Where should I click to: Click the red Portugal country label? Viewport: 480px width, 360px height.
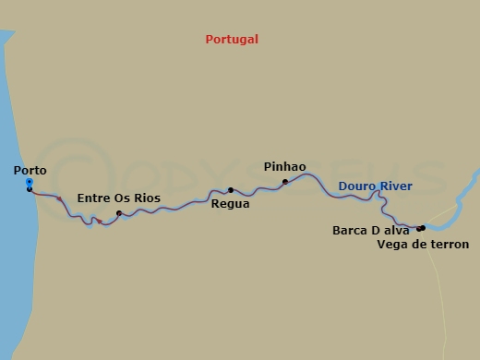[x=232, y=40]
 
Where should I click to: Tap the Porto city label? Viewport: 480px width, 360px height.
[x=30, y=171]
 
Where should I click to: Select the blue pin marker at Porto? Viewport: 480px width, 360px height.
[x=30, y=184]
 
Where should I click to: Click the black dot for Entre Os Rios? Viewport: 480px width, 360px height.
[x=119, y=213]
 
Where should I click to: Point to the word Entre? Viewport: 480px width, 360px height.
[x=94, y=198]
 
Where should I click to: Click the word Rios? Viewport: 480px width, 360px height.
[x=146, y=198]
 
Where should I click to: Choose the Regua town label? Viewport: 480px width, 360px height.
[x=230, y=204]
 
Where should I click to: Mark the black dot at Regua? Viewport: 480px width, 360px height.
[x=231, y=190]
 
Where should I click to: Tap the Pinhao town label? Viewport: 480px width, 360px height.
[x=284, y=167]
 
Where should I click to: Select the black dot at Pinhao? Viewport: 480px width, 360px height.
[x=285, y=182]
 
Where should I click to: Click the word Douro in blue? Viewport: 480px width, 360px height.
[x=356, y=186]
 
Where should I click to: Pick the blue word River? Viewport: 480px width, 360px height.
[x=395, y=186]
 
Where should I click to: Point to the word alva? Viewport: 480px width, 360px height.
[x=397, y=231]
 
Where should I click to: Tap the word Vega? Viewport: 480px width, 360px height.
[x=392, y=245]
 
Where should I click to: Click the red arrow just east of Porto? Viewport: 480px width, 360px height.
[x=60, y=198]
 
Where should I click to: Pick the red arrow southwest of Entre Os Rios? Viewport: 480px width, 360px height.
[x=99, y=222]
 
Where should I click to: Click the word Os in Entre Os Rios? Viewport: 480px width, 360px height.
[x=122, y=198]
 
